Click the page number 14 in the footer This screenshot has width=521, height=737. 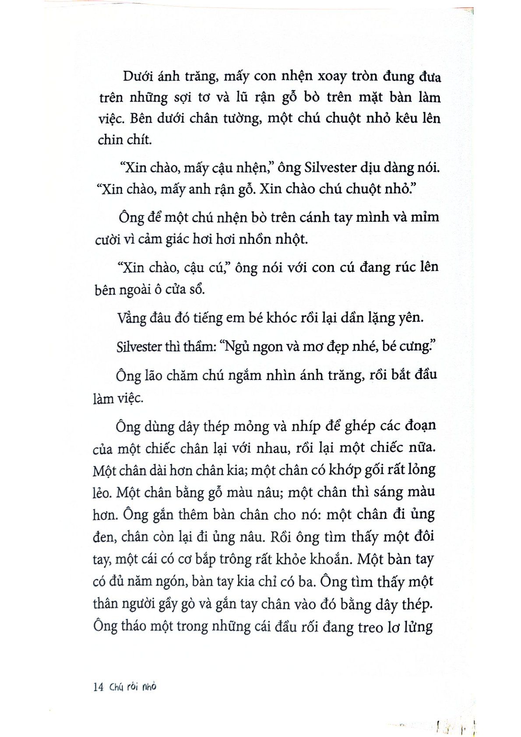98,687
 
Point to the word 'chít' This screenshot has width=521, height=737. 139,140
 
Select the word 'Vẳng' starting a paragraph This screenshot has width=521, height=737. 132,317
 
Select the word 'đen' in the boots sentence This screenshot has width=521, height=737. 104,537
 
